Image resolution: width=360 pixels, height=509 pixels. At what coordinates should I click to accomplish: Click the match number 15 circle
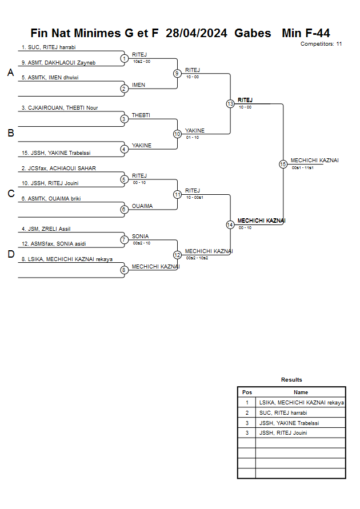[x=283, y=165]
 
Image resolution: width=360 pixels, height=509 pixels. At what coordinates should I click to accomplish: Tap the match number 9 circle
[x=177, y=73]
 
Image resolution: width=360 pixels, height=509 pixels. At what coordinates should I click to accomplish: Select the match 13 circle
[x=230, y=104]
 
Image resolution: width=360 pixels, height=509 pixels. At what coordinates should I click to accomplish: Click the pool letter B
[x=11, y=133]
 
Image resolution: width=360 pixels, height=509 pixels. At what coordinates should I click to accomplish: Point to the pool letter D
[x=11, y=254]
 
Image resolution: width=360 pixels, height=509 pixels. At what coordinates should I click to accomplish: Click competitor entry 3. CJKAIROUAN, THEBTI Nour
[x=60, y=108]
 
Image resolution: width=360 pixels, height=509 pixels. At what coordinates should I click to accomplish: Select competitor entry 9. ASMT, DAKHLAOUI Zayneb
[x=58, y=63]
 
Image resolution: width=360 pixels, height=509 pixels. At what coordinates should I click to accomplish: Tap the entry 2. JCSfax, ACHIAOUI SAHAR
[x=59, y=168]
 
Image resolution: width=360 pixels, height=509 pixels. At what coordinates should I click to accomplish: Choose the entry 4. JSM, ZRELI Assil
[x=46, y=229]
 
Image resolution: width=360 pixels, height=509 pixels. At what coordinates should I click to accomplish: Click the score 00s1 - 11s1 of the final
[x=302, y=168]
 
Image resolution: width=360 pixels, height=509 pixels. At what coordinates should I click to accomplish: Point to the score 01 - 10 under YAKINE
[x=193, y=138]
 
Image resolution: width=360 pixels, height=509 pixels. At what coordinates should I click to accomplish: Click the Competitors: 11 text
[x=321, y=44]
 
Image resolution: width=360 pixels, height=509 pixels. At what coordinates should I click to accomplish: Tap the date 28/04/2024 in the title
[x=197, y=33]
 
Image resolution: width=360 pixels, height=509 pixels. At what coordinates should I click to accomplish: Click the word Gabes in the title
[x=253, y=33]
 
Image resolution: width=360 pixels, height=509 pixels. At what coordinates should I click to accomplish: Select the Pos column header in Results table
[x=247, y=392]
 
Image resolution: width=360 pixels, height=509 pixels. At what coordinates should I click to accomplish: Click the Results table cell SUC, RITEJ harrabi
[x=283, y=413]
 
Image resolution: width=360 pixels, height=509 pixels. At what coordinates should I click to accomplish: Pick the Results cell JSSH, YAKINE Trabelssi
[x=289, y=423]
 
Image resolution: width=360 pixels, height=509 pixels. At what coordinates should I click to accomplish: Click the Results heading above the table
[x=291, y=379]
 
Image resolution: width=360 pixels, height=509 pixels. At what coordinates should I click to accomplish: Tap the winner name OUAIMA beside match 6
[x=142, y=206]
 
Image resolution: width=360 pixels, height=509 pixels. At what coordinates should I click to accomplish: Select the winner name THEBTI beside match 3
[x=141, y=115]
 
